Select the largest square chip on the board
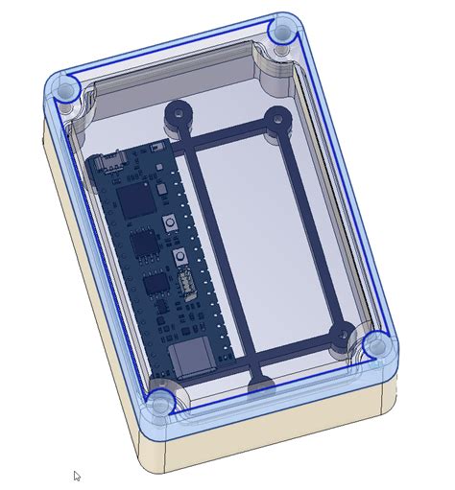click(x=135, y=199)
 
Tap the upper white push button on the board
click(x=170, y=223)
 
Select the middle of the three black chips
click(x=144, y=245)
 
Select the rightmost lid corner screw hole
click(x=376, y=344)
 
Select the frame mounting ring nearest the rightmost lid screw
click(x=340, y=335)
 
